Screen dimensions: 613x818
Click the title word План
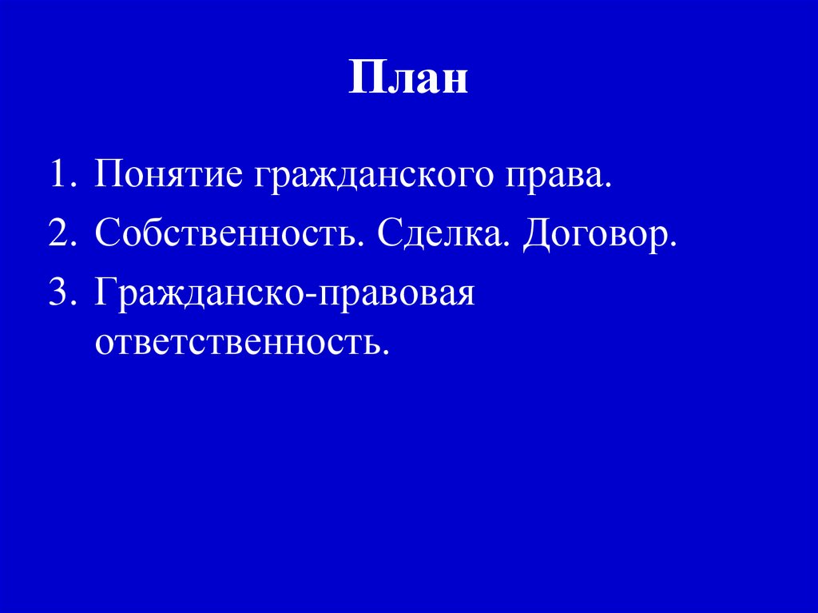407,80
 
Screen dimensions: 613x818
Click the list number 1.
58,176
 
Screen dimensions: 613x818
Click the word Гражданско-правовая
284,294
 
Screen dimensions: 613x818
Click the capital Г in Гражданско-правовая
105,293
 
